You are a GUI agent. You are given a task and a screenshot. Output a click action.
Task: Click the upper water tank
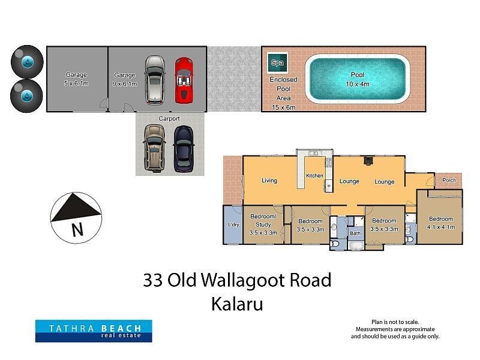tap(27, 61)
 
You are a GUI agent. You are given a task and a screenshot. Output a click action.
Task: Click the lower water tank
tap(27, 95)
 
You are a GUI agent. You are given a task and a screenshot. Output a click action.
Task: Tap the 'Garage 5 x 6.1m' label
tap(76, 79)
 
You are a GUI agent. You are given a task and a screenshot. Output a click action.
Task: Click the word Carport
tap(169, 119)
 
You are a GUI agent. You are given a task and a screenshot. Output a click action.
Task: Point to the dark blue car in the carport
tap(183, 148)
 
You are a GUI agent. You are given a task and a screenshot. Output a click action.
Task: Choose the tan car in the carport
tap(154, 148)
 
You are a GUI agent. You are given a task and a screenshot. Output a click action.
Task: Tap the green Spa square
tap(277, 62)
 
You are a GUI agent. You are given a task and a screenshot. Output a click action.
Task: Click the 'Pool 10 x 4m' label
tap(357, 79)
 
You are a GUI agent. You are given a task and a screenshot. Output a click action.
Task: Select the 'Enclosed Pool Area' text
tap(283, 93)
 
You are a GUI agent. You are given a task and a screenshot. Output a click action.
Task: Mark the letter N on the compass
tap(76, 229)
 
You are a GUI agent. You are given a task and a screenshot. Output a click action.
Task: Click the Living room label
tap(269, 181)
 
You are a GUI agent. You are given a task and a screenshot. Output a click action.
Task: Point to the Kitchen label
tap(314, 176)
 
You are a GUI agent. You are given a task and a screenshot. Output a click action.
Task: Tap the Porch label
tap(448, 180)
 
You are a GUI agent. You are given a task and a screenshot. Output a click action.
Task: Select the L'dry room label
tap(233, 225)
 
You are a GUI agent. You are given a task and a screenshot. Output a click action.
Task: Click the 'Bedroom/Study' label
tap(263, 220)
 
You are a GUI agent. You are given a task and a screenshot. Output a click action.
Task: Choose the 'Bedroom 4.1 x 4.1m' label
tap(440, 223)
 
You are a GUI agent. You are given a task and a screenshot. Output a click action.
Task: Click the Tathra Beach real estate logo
tap(93, 331)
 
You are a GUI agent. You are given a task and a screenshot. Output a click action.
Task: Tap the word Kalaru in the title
tap(237, 304)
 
